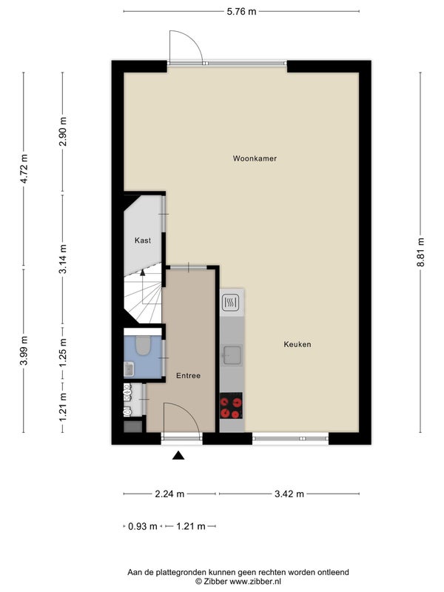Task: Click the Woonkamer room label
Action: coord(255,158)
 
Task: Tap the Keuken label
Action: coord(297,344)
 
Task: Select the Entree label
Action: coord(189,376)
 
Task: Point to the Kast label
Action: coord(143,240)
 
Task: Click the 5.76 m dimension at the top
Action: coord(242,12)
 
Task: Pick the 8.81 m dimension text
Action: coord(420,252)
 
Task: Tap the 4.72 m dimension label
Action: coord(24,169)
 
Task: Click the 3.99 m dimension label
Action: coord(24,351)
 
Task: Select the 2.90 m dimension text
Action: coord(63,132)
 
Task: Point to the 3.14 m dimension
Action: coord(63,259)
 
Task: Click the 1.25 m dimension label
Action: coord(63,353)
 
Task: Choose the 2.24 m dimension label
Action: coord(169,494)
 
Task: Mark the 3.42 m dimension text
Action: coord(289,494)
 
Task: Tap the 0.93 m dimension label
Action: coord(143,526)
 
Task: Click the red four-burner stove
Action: coord(231,406)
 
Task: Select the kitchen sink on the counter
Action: coord(232,355)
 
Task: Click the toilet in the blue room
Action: coord(143,346)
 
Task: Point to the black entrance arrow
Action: coord(178,456)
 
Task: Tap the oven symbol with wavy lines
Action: coord(230,303)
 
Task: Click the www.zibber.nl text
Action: coord(255,582)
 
